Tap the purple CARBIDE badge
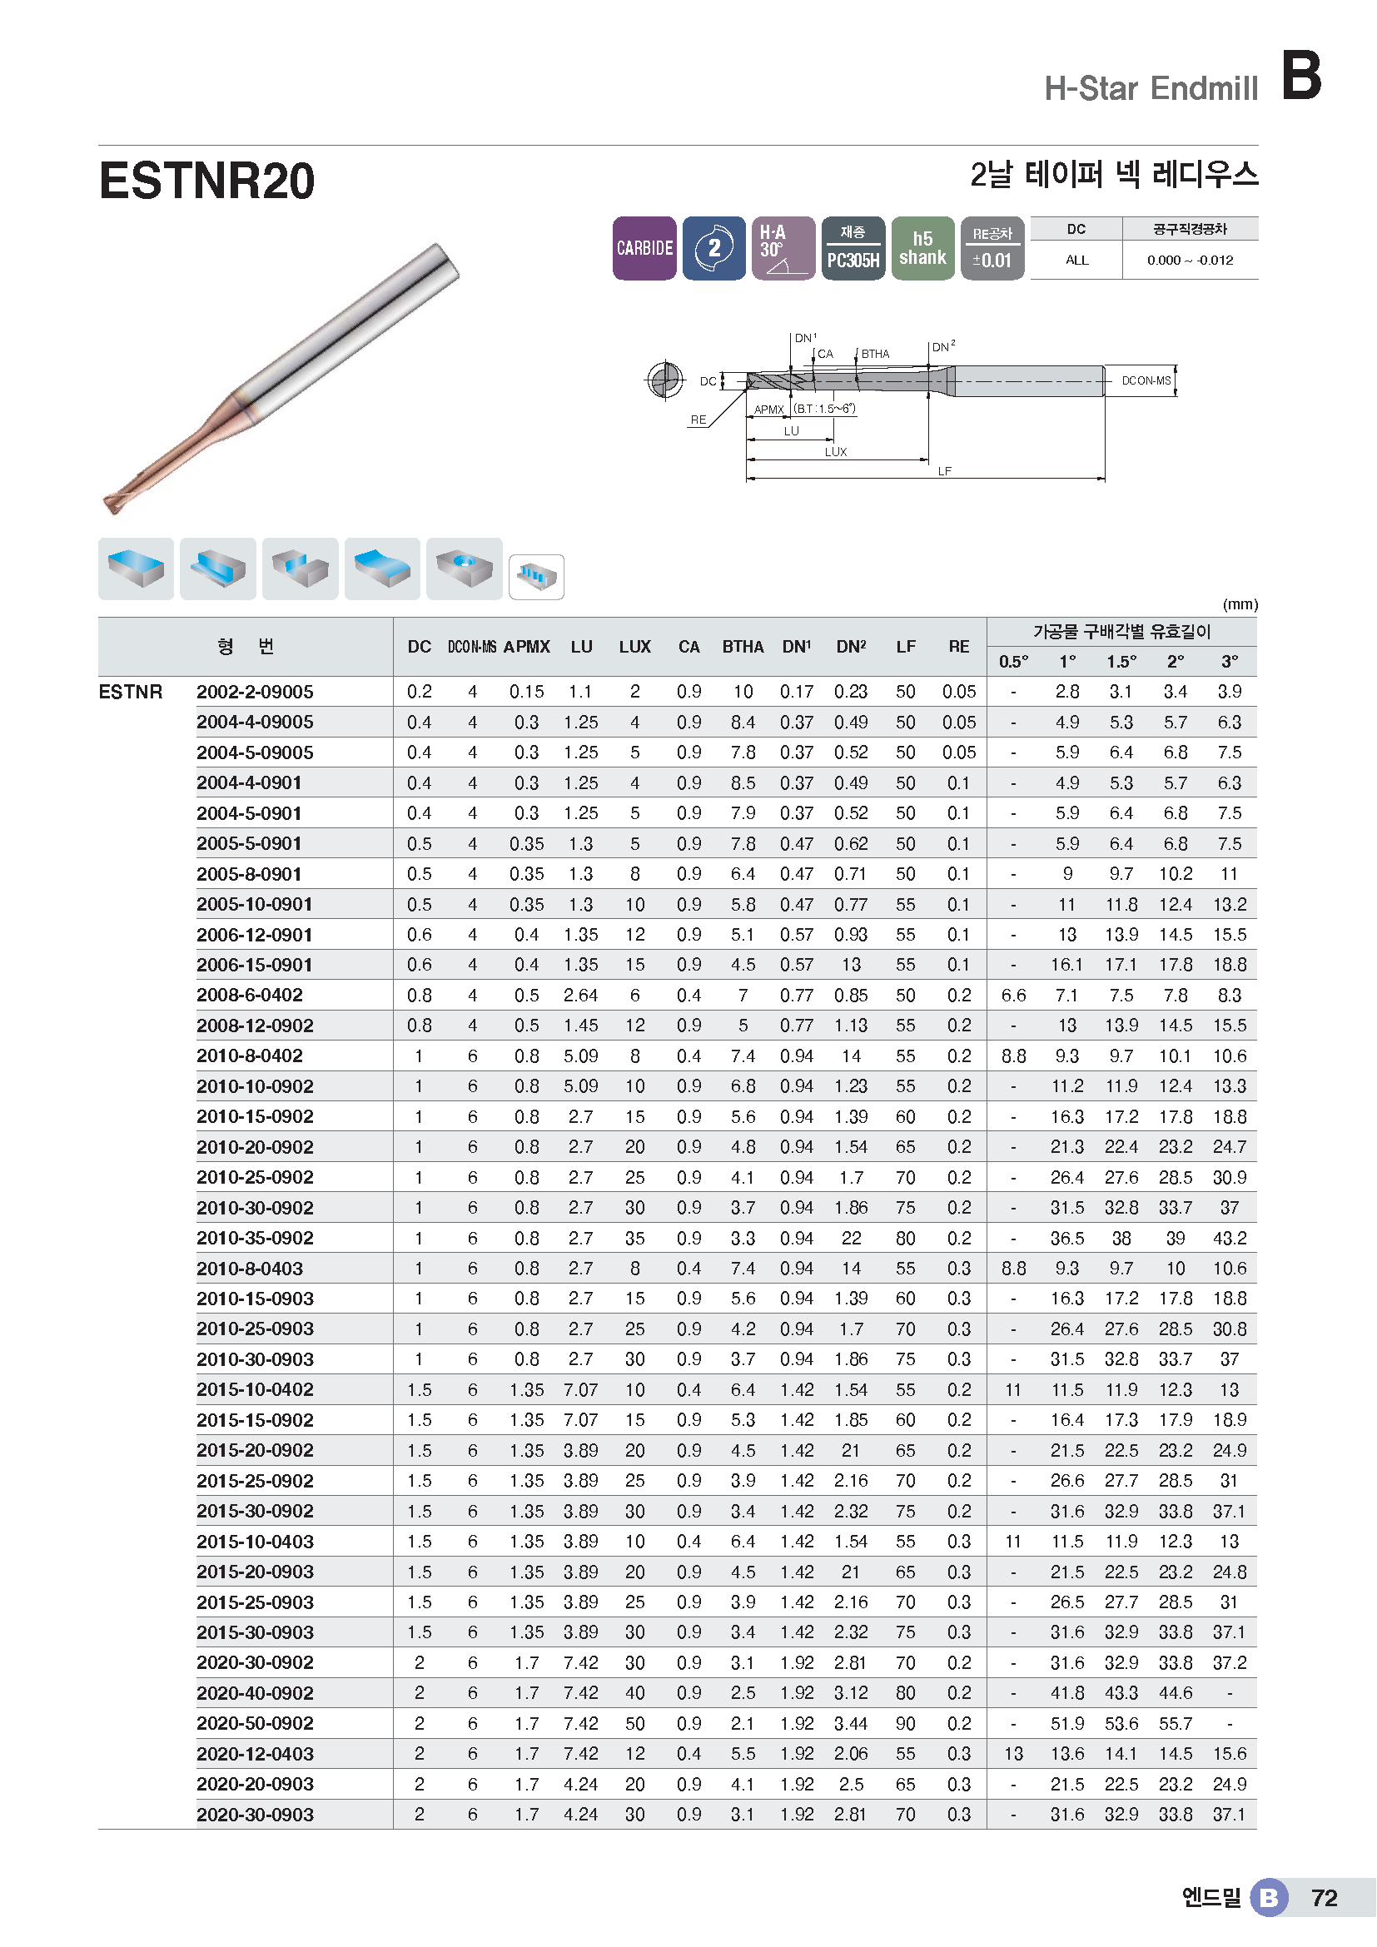pos(644,247)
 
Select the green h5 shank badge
pos(922,247)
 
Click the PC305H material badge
pos(853,247)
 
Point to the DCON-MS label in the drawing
pos(1146,380)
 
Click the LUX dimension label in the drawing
pos(835,452)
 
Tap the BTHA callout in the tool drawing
pos(875,354)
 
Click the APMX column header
pos(526,647)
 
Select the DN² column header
pos(851,647)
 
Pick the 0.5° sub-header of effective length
pos(1013,662)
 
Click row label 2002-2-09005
pos(255,692)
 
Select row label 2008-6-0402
pos(249,995)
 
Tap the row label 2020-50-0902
pos(255,1723)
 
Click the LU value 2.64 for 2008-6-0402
pos(580,995)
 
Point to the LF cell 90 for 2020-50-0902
pos(905,1723)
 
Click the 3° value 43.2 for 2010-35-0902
pos(1229,1238)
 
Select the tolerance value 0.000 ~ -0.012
pos(1190,261)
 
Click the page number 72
pos(1324,1898)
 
